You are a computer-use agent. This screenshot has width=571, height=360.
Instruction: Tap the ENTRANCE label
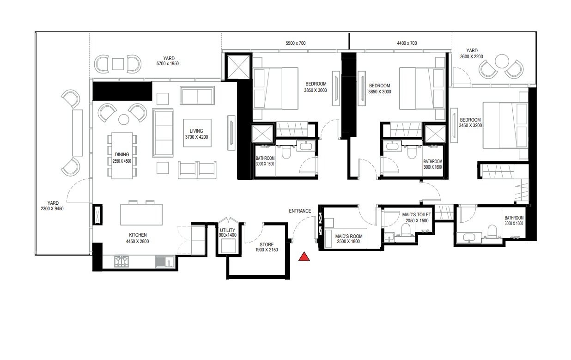pos(300,211)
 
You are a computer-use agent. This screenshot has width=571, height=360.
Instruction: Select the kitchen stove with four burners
pos(121,262)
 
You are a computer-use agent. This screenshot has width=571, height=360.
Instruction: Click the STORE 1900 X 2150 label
pos(267,247)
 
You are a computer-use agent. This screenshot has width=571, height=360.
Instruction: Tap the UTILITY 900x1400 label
pos(228,232)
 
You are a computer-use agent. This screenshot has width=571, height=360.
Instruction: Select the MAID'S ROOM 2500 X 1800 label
pos(349,239)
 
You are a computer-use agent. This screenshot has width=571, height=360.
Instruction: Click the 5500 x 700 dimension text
pos(296,43)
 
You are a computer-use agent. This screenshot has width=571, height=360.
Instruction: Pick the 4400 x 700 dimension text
pos(407,43)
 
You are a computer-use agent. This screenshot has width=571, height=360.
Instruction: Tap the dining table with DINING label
pos(122,155)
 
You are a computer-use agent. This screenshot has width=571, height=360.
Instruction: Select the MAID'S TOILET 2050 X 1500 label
pos(417,218)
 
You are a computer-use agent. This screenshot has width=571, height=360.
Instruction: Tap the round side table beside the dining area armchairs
pos(123,120)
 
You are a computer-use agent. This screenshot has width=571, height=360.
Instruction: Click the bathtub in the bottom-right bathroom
pos(469,239)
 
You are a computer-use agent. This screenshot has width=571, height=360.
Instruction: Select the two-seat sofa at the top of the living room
pos(197,96)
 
